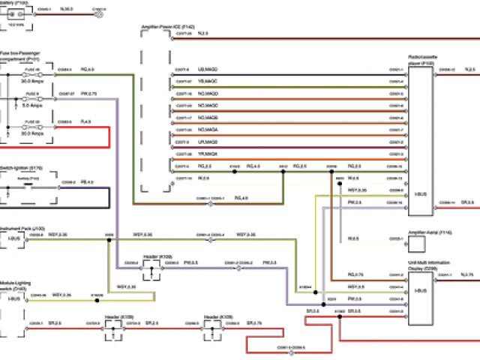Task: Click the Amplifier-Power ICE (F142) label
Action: click(x=168, y=27)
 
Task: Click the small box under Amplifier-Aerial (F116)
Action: click(x=421, y=241)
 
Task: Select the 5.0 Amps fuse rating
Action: click(x=30, y=106)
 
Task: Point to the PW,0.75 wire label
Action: click(x=88, y=94)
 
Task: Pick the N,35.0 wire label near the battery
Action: click(x=65, y=10)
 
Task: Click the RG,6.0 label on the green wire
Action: click(x=86, y=69)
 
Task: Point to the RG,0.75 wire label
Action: click(x=355, y=275)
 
